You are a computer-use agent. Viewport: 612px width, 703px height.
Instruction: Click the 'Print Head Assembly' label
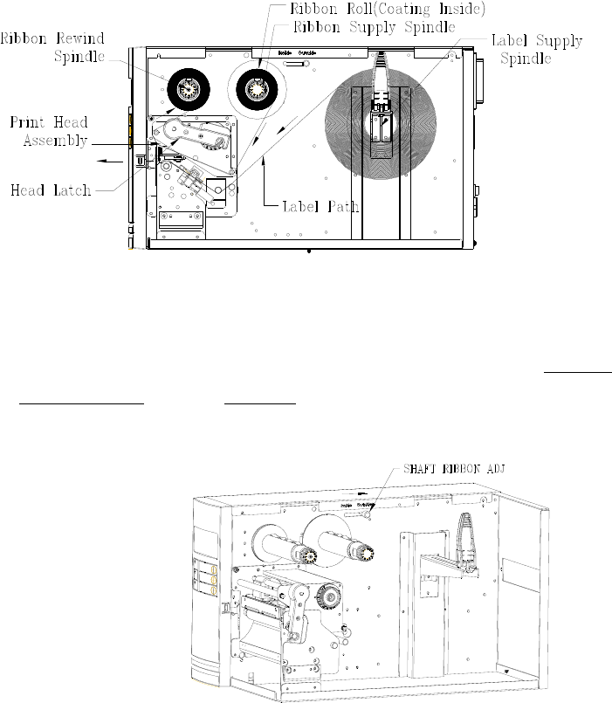pyautogui.click(x=48, y=129)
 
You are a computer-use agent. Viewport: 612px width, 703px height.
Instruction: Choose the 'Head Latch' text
pyautogui.click(x=51, y=189)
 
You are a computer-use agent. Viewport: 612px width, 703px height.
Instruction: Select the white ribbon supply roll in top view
pyautogui.click(x=255, y=88)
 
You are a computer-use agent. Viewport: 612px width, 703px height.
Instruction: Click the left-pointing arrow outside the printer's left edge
pyautogui.click(x=108, y=161)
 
